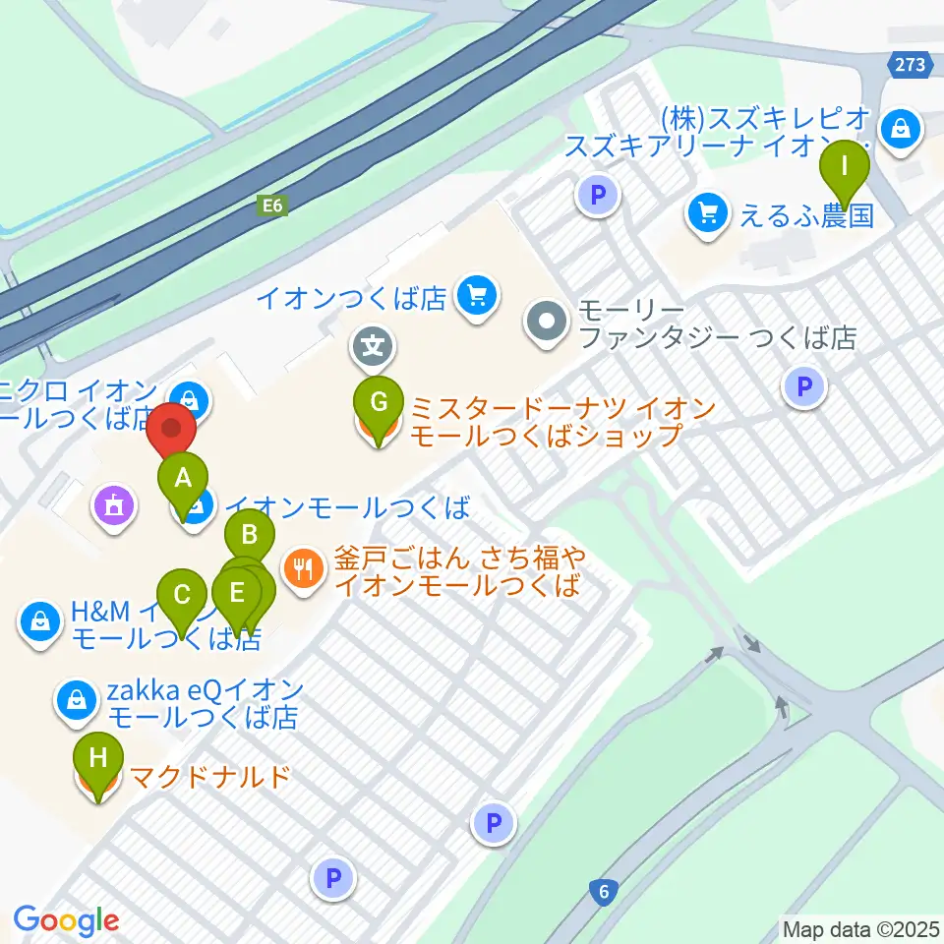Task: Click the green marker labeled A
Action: [x=183, y=480]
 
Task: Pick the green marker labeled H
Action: [x=98, y=759]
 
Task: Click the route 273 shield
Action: [x=910, y=65]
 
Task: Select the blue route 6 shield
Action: [x=603, y=892]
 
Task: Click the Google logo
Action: [x=66, y=920]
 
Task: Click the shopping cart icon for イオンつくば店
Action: [x=477, y=295]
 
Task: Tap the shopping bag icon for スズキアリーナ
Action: [x=900, y=127]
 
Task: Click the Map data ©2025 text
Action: [x=861, y=927]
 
